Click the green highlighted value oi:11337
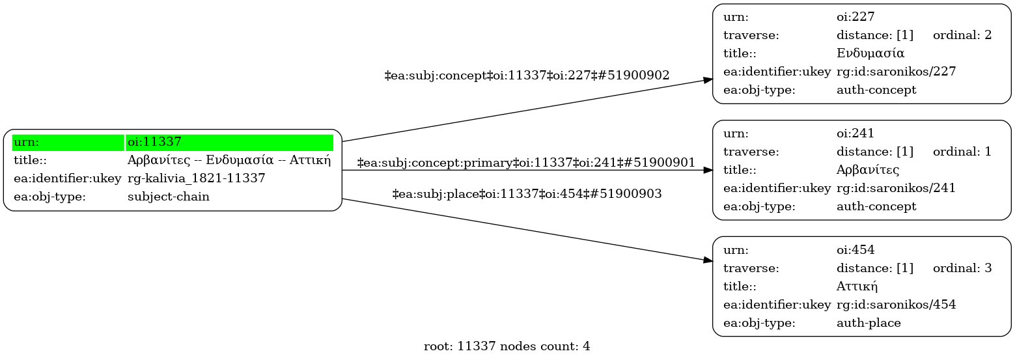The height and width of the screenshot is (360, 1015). point(154,142)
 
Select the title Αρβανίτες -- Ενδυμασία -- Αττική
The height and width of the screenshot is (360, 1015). point(229,160)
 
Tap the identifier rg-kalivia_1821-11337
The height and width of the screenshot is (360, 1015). point(196,178)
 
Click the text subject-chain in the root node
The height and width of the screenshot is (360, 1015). point(168,197)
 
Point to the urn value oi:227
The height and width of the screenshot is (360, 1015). point(855,17)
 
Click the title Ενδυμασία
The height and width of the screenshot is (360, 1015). point(870,53)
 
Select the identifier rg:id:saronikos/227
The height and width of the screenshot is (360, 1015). point(896,72)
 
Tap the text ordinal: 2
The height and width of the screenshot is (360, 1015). point(962,35)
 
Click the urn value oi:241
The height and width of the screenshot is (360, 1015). point(855,133)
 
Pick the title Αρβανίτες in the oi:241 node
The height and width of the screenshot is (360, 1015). point(868,170)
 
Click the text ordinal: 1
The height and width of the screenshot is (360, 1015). point(962,152)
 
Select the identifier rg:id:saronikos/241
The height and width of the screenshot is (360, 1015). point(896,188)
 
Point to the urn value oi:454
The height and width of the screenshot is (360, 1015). point(855,250)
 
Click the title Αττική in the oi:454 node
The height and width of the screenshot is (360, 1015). point(857,286)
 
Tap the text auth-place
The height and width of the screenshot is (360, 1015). point(869,323)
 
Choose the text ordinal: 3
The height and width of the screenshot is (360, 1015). point(962,268)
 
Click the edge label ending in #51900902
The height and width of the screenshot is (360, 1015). point(527,76)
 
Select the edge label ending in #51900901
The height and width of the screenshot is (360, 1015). point(526,163)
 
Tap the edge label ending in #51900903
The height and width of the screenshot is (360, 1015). point(527,194)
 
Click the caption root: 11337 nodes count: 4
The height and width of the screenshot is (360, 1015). point(507,346)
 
